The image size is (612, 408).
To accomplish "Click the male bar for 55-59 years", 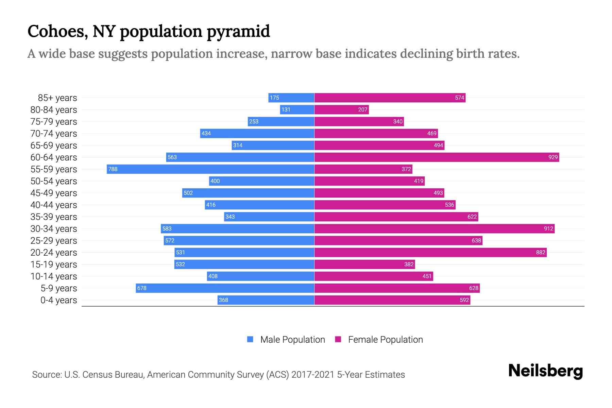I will (210, 169).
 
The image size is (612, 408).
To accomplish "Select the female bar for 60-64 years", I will (437, 157).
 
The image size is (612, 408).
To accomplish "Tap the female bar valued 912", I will (434, 228).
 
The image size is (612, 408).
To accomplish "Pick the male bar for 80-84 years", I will (297, 109).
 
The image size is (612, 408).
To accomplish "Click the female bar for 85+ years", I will (390, 98).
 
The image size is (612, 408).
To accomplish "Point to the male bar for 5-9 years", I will (225, 288).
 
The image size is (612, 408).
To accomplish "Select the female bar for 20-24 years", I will (430, 252).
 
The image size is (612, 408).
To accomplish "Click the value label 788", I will (113, 169).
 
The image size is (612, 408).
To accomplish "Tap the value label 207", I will (362, 109).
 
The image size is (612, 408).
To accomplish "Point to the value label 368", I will (223, 300).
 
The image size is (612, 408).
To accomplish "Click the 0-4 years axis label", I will (58, 300).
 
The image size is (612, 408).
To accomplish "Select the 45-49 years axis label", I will (54, 193).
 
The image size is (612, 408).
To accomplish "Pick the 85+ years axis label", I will (57, 98).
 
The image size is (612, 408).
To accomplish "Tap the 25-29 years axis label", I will (54, 241).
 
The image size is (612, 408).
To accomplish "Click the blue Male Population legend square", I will (250, 339).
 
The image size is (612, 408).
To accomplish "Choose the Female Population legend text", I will (385, 340).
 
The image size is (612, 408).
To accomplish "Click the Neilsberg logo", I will (545, 371).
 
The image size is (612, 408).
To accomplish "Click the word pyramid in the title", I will (238, 32).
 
